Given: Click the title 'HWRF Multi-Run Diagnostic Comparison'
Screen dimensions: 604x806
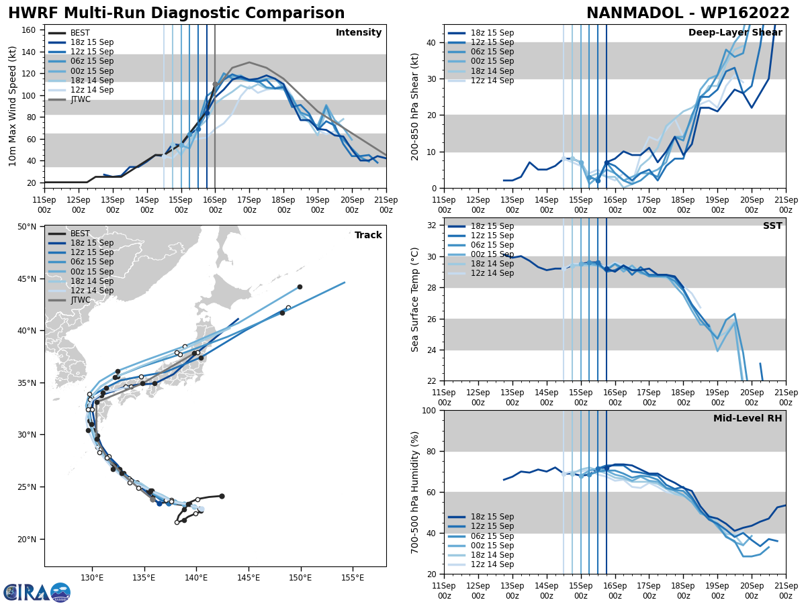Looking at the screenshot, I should pos(176,13).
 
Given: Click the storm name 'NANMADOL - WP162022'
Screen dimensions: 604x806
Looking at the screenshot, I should pos(688,13).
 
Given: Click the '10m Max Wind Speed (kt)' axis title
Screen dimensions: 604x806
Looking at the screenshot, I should pos(13,106).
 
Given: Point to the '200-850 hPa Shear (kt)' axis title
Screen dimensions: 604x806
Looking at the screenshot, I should pos(415,106).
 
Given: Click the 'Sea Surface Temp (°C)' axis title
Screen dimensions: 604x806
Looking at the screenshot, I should pos(415,299).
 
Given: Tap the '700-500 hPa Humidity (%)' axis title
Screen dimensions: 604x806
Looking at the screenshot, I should pos(415,492).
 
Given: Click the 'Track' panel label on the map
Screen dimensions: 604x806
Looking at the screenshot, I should pos(368,235).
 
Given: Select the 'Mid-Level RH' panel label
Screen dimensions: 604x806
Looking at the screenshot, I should pos(748,419).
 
